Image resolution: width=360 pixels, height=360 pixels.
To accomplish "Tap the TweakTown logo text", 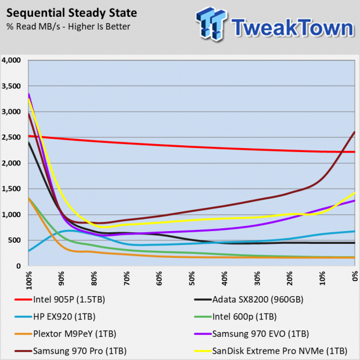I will [290, 26].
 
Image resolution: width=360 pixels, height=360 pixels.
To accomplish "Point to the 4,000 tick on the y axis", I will [12, 60].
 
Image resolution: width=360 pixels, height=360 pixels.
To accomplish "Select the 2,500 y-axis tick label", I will [12, 138].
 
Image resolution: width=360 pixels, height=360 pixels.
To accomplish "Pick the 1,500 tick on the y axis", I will [12, 189].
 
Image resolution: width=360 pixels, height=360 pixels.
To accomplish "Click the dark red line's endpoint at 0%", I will [354, 132].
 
